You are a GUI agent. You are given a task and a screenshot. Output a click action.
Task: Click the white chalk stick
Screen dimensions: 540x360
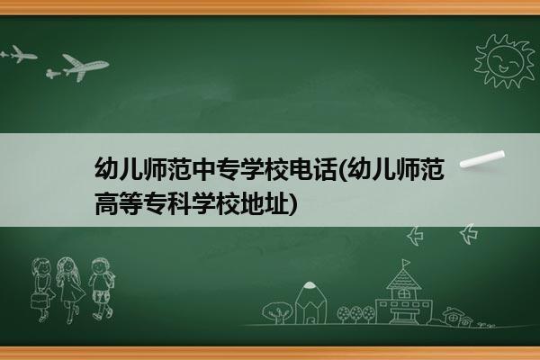tap(482, 159)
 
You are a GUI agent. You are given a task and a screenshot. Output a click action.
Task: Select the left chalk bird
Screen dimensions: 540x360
tap(415, 236)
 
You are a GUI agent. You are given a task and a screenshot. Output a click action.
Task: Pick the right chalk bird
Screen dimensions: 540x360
tap(469, 234)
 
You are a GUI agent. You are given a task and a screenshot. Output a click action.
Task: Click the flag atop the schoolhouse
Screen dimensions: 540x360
tap(407, 263)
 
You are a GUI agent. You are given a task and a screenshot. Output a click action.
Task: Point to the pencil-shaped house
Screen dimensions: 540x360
tap(310, 302)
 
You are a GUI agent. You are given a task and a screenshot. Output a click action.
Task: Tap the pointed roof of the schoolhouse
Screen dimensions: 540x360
tap(403, 279)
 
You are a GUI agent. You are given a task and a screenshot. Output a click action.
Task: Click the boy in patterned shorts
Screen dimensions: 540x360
tap(102, 289)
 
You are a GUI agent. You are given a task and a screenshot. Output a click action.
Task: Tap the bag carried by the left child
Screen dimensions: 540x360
tap(39, 301)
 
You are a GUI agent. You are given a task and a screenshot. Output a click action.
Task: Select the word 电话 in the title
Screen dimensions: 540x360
tap(313, 169)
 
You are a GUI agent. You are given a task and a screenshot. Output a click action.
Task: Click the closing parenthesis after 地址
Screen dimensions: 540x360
tap(292, 204)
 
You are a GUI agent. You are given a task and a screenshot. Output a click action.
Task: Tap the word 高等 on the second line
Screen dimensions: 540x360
tap(119, 203)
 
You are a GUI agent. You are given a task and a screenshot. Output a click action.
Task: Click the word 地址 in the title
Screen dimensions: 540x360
tap(265, 203)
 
